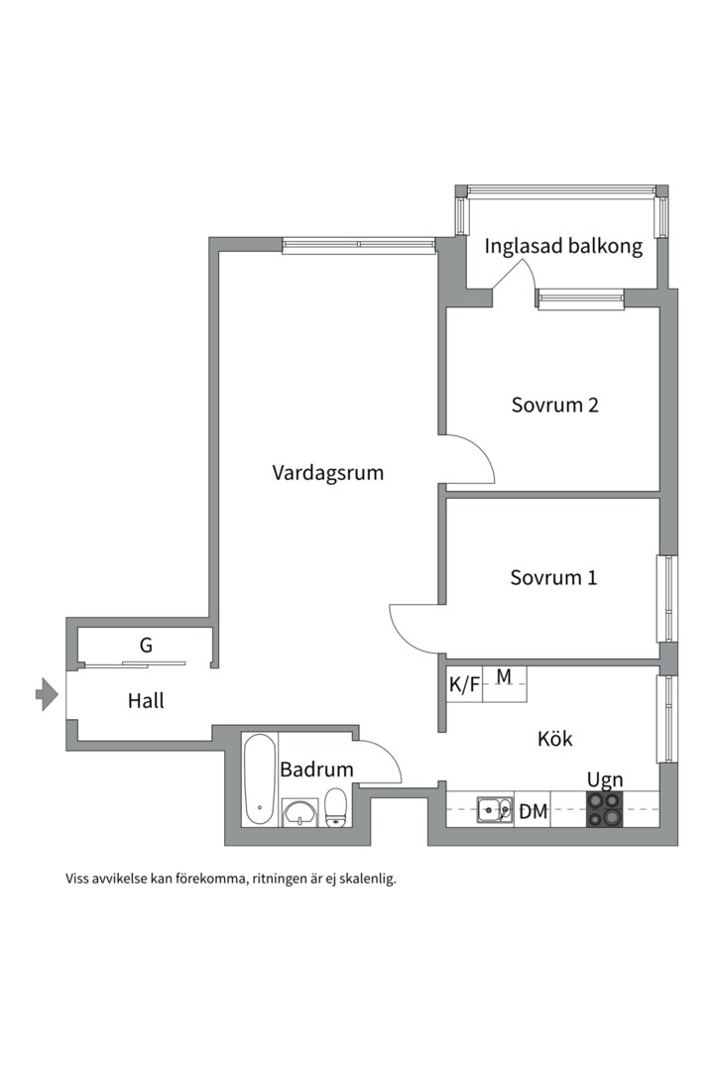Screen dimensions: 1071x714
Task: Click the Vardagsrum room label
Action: [327, 473]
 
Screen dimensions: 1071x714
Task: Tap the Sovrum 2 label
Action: [555, 405]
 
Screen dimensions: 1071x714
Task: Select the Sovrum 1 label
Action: [553, 577]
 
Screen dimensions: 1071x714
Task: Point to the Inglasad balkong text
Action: [562, 246]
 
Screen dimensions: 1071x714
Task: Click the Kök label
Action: [555, 739]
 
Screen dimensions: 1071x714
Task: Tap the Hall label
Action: [146, 701]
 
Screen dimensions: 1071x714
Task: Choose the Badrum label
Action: [316, 770]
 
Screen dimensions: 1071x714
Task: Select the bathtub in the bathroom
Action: [260, 779]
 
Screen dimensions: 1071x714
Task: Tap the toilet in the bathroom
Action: [336, 807]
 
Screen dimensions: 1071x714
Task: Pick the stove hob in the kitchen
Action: [605, 810]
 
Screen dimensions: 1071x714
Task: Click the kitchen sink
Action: [493, 811]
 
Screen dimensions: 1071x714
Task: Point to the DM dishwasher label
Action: [534, 812]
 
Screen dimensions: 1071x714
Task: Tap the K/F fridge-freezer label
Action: [463, 684]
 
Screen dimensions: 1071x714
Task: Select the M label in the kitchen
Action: [504, 677]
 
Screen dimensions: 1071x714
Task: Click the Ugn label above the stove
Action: [605, 779]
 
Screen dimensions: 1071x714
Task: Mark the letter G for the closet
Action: [146, 646]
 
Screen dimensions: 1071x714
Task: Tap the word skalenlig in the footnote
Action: [362, 879]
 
